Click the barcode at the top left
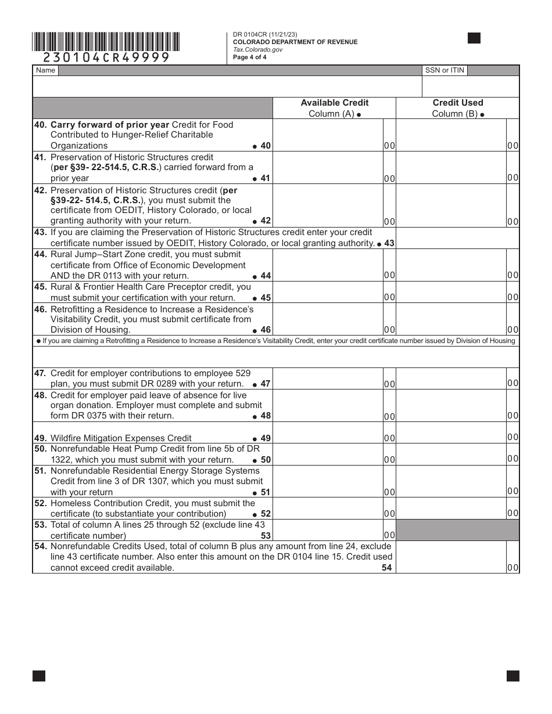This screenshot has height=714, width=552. tap(106, 42)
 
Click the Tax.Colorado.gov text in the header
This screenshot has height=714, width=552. tap(257, 49)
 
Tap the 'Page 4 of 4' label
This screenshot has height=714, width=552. tap(250, 57)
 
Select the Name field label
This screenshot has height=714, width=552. tap(45, 70)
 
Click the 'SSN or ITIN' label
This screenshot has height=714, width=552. tap(445, 70)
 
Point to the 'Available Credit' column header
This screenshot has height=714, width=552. tap(334, 103)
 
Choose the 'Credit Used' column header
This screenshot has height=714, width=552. tap(457, 103)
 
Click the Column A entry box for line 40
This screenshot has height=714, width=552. tap(328, 135)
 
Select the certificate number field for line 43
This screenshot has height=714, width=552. tap(457, 238)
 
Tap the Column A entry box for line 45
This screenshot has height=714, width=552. tap(328, 293)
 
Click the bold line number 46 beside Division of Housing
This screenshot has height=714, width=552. tap(266, 330)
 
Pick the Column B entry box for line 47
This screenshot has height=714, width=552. tap(451, 378)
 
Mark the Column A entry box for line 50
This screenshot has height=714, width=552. tap(328, 455)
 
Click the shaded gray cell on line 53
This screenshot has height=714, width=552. tap(457, 530)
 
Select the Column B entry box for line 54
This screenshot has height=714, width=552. tap(451, 557)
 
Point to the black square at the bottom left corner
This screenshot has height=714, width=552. tap(39, 676)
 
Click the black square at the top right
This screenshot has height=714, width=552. tap(474, 38)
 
